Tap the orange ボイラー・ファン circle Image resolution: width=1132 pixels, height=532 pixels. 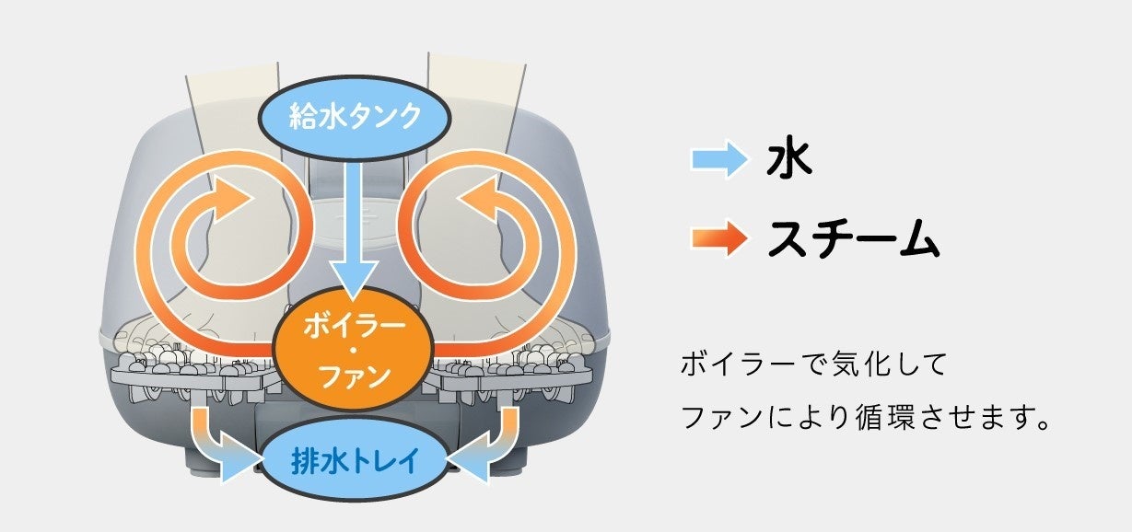[355, 351]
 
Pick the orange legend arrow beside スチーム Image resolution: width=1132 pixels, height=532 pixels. [720, 240]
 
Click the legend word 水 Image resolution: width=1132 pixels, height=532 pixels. [788, 160]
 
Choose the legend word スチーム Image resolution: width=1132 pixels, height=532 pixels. [853, 240]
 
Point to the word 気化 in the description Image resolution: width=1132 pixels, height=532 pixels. [844, 365]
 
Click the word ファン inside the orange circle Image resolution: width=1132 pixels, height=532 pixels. [355, 376]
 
